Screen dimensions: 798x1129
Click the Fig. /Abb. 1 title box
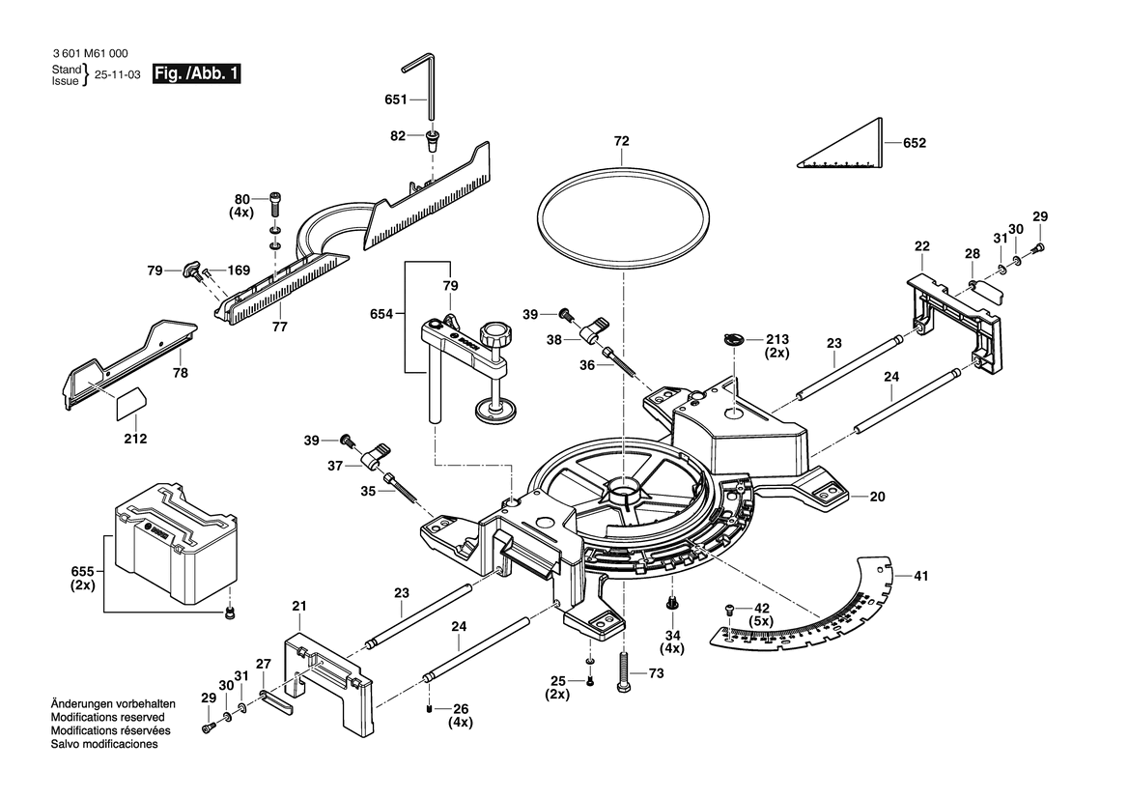197,74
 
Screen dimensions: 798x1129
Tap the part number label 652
914,143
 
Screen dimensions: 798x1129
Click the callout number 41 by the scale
920,577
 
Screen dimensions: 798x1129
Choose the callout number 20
877,498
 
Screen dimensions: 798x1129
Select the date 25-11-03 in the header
117,74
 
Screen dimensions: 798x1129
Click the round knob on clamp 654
499,336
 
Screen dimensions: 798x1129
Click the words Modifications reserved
106,718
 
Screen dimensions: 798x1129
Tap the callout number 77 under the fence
279,328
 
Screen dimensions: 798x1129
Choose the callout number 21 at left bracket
299,606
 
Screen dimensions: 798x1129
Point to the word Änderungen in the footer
81,704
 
